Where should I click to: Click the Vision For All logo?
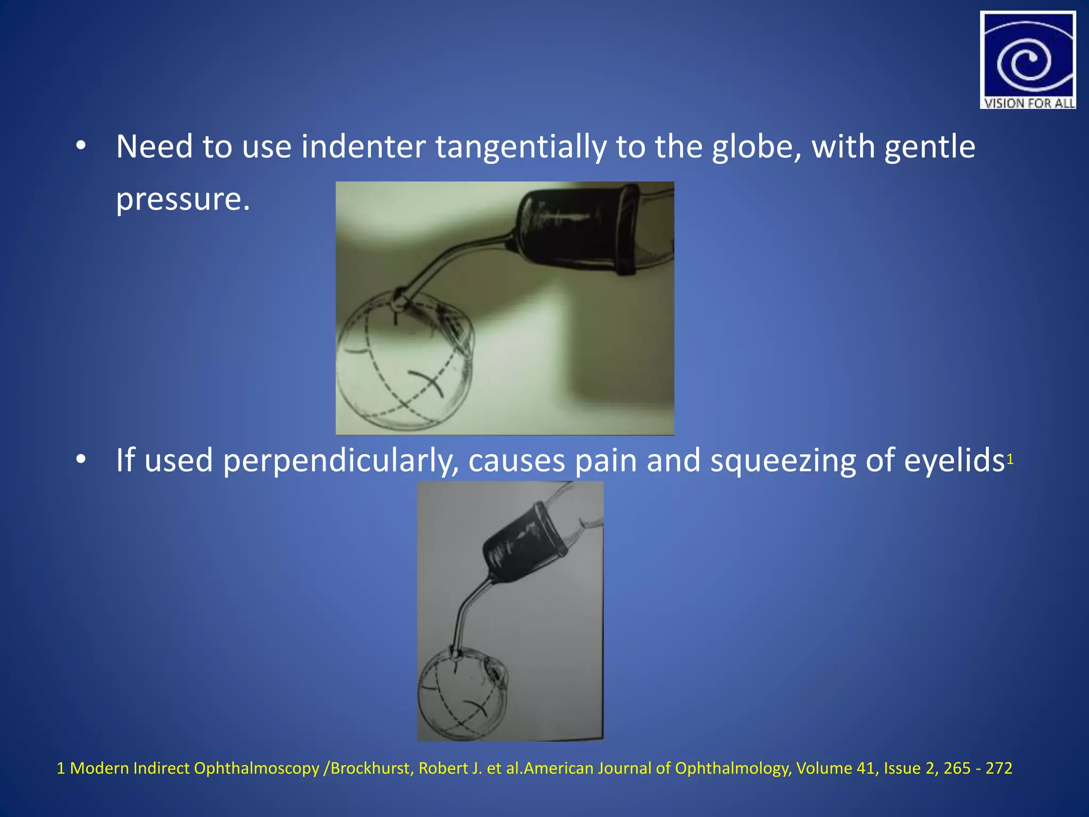(x=1027, y=60)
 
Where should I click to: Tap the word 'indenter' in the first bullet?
(x=363, y=147)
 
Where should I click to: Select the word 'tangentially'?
(x=521, y=147)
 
